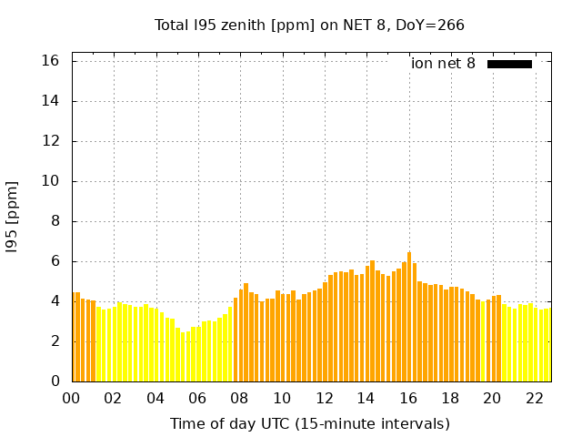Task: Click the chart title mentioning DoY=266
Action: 309,25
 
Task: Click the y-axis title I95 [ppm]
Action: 13,217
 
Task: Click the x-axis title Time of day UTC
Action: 309,423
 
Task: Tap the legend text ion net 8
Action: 443,64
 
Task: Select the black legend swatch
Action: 509,64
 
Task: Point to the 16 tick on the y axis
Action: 51,61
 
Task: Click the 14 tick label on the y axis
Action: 51,101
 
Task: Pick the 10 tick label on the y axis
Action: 51,181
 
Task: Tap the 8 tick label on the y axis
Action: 55,221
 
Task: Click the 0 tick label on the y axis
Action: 55,381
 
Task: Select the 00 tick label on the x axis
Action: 72,398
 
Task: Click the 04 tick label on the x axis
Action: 156,398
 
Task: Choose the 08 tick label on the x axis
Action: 240,398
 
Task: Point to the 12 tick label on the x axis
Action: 324,398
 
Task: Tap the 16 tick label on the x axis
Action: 408,398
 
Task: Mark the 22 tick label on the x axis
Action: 534,398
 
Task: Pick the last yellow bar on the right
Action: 547,345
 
